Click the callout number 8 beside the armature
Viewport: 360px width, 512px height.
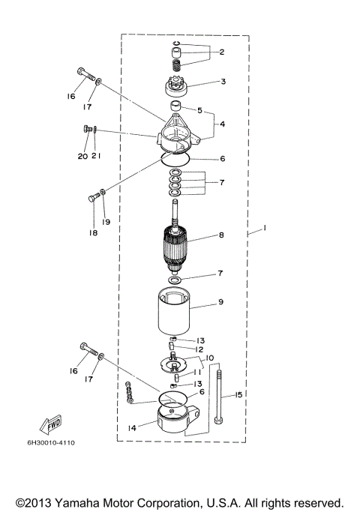click(x=220, y=235)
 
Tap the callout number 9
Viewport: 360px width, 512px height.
click(x=220, y=302)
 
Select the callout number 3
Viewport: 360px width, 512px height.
click(x=222, y=82)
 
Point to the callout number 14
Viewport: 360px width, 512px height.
click(x=132, y=428)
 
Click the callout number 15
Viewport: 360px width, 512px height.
click(x=238, y=394)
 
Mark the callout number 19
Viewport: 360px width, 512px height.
click(x=106, y=222)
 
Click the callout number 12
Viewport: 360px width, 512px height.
click(x=199, y=349)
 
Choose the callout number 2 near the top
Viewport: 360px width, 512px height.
click(x=222, y=52)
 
